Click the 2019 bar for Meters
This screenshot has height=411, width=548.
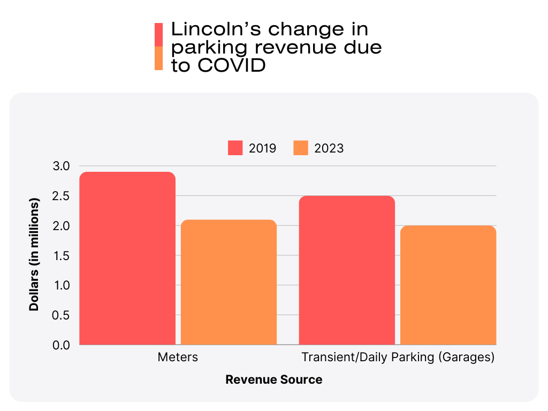pos(127,258)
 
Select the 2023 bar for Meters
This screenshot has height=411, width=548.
pos(229,282)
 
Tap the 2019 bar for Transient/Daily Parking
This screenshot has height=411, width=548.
pos(347,270)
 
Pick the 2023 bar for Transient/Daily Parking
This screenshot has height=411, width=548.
pos(448,285)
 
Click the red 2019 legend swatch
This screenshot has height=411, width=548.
pos(236,148)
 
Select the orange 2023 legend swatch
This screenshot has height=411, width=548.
pos(301,148)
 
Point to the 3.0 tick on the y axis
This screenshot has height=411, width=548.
pos(62,166)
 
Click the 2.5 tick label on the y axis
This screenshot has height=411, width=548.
pos(62,196)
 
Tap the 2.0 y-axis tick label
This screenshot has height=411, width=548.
pos(62,226)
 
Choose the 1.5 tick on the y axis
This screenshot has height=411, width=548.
pos(62,256)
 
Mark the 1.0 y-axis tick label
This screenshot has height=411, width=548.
pos(62,285)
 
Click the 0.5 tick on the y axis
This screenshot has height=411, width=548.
pos(62,315)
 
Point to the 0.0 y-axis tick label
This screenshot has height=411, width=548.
pos(62,345)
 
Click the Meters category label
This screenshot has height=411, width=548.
pos(178,357)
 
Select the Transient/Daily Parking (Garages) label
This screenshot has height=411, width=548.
pos(398,357)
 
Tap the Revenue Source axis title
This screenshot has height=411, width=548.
pos(274,380)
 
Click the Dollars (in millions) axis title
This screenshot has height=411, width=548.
pos(34,255)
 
